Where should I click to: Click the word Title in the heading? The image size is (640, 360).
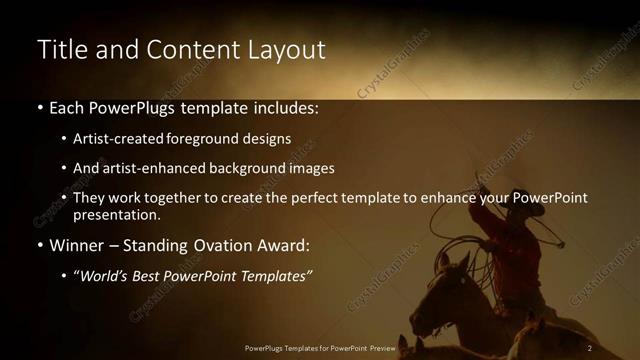(59, 50)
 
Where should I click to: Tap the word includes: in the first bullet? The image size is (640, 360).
(282, 108)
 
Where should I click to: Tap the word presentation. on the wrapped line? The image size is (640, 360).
(117, 214)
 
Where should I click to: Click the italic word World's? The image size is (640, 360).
(105, 275)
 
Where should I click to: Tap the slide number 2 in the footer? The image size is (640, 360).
(590, 348)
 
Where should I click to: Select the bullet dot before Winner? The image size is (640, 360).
(40, 246)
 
